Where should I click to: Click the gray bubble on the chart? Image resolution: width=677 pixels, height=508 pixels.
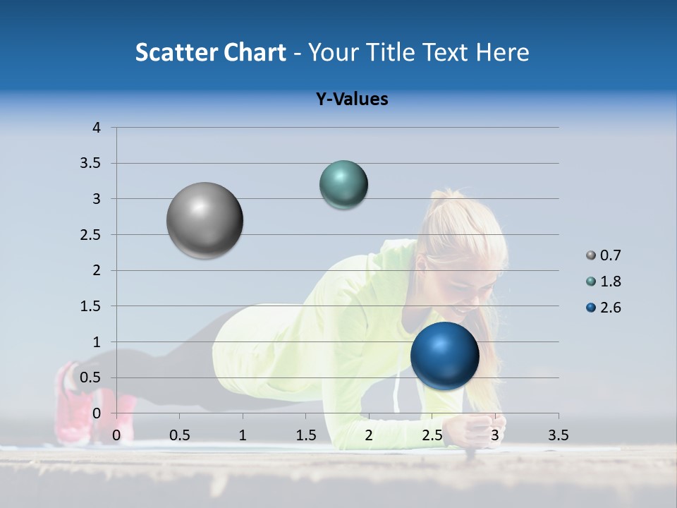(x=205, y=220)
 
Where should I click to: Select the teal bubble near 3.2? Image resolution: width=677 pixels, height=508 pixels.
(x=343, y=185)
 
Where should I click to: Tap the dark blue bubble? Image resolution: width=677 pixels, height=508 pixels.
(x=444, y=356)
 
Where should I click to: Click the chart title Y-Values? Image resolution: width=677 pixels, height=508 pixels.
(x=352, y=99)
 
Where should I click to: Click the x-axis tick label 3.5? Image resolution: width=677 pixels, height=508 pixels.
(x=558, y=435)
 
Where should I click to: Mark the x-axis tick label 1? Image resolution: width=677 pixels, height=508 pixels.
(x=243, y=435)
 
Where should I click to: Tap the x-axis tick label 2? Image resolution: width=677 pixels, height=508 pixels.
(x=369, y=435)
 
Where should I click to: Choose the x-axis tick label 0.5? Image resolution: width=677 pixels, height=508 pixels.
(x=180, y=435)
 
